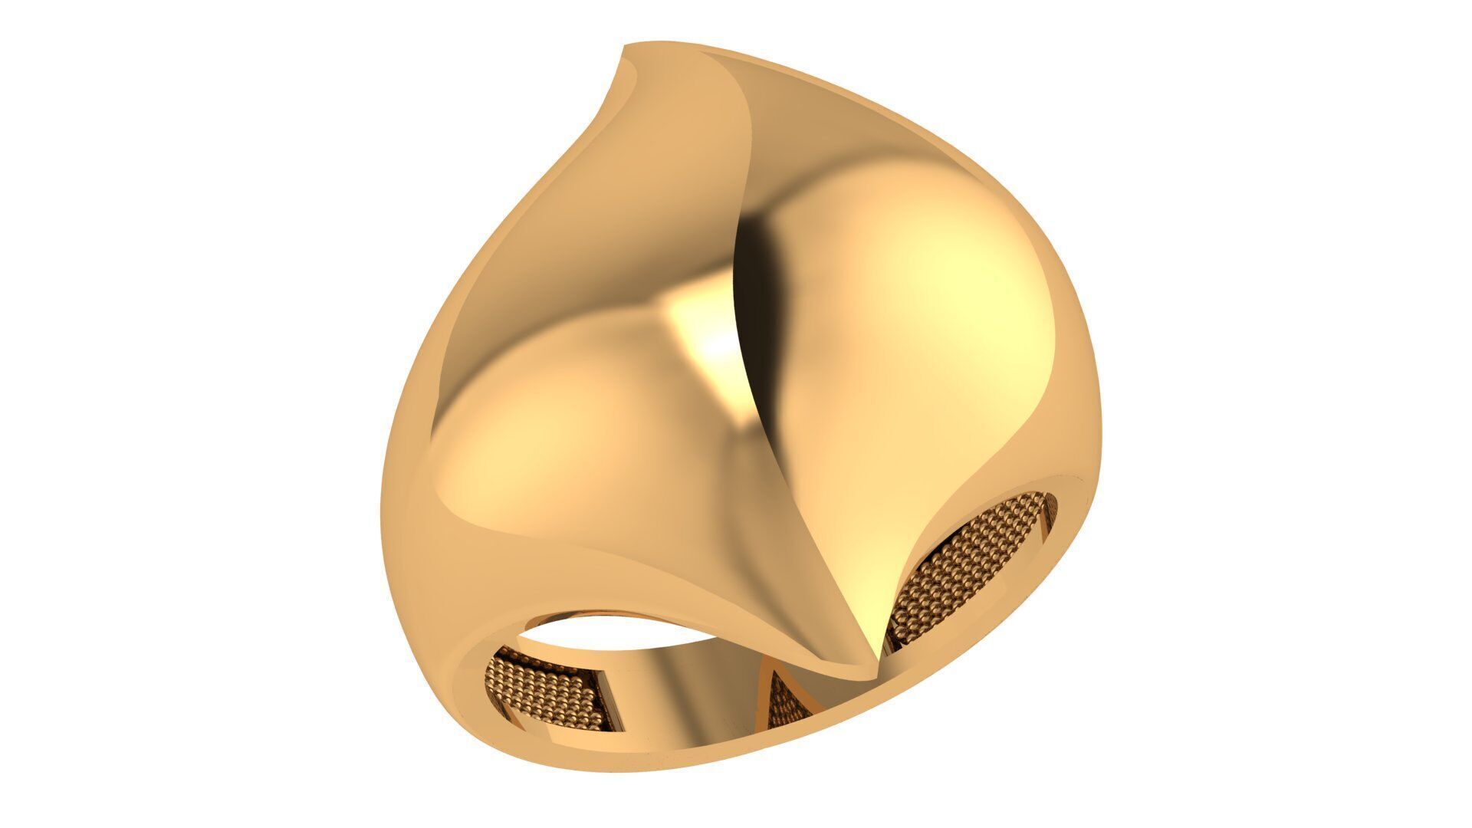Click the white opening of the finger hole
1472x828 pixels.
583,629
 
